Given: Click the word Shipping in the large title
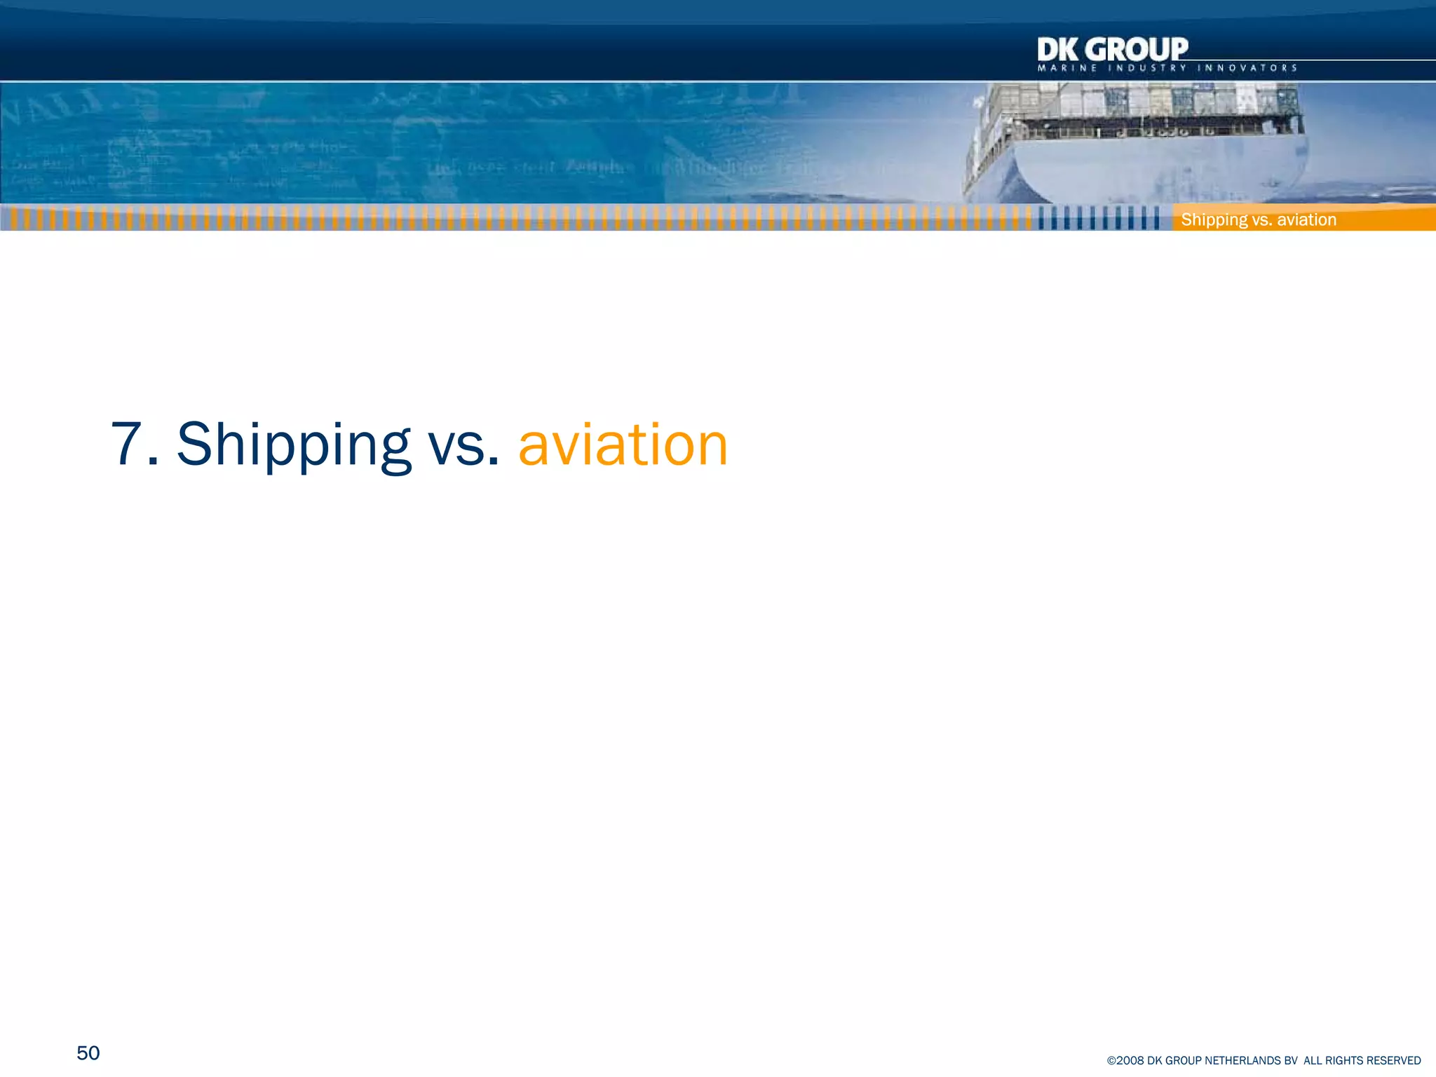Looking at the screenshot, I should (x=293, y=445).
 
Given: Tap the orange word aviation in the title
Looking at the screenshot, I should (x=623, y=445).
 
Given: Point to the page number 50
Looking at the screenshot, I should (x=88, y=1052).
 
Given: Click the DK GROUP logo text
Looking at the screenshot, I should (x=1112, y=50).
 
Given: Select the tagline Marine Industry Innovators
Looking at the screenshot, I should (x=1167, y=68).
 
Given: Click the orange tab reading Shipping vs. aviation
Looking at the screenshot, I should (x=1259, y=219).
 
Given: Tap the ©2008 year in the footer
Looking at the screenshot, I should (x=1125, y=1061).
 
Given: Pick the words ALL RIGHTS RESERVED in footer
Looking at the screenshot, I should (x=1362, y=1061).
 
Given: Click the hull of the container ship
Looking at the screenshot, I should (x=1157, y=168).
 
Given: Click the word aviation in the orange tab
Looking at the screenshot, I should (x=1307, y=219).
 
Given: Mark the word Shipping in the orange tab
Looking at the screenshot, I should (x=1214, y=219).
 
